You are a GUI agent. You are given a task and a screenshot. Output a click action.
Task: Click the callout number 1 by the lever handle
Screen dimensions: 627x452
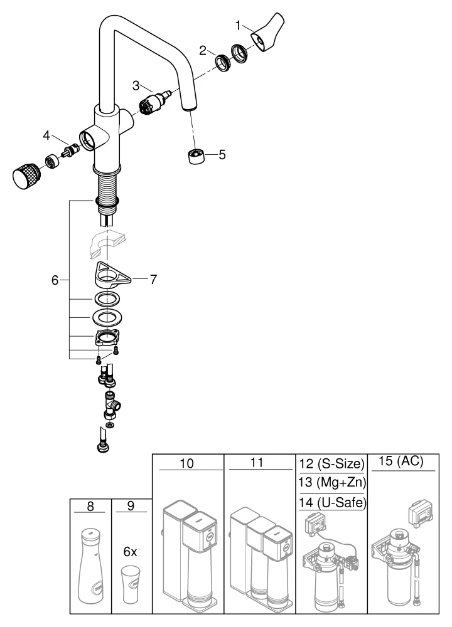point(239,26)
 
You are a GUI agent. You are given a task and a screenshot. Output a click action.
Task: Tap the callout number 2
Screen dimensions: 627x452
point(203,51)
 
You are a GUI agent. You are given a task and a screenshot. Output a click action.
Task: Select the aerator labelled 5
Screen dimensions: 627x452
point(196,155)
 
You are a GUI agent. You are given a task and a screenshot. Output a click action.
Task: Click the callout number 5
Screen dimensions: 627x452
point(222,154)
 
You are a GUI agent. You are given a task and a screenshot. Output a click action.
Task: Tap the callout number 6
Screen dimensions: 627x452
point(56,280)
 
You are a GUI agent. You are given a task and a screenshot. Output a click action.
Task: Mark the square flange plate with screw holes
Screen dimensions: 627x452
point(109,339)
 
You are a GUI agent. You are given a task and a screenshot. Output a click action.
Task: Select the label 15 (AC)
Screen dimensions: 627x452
point(402,461)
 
